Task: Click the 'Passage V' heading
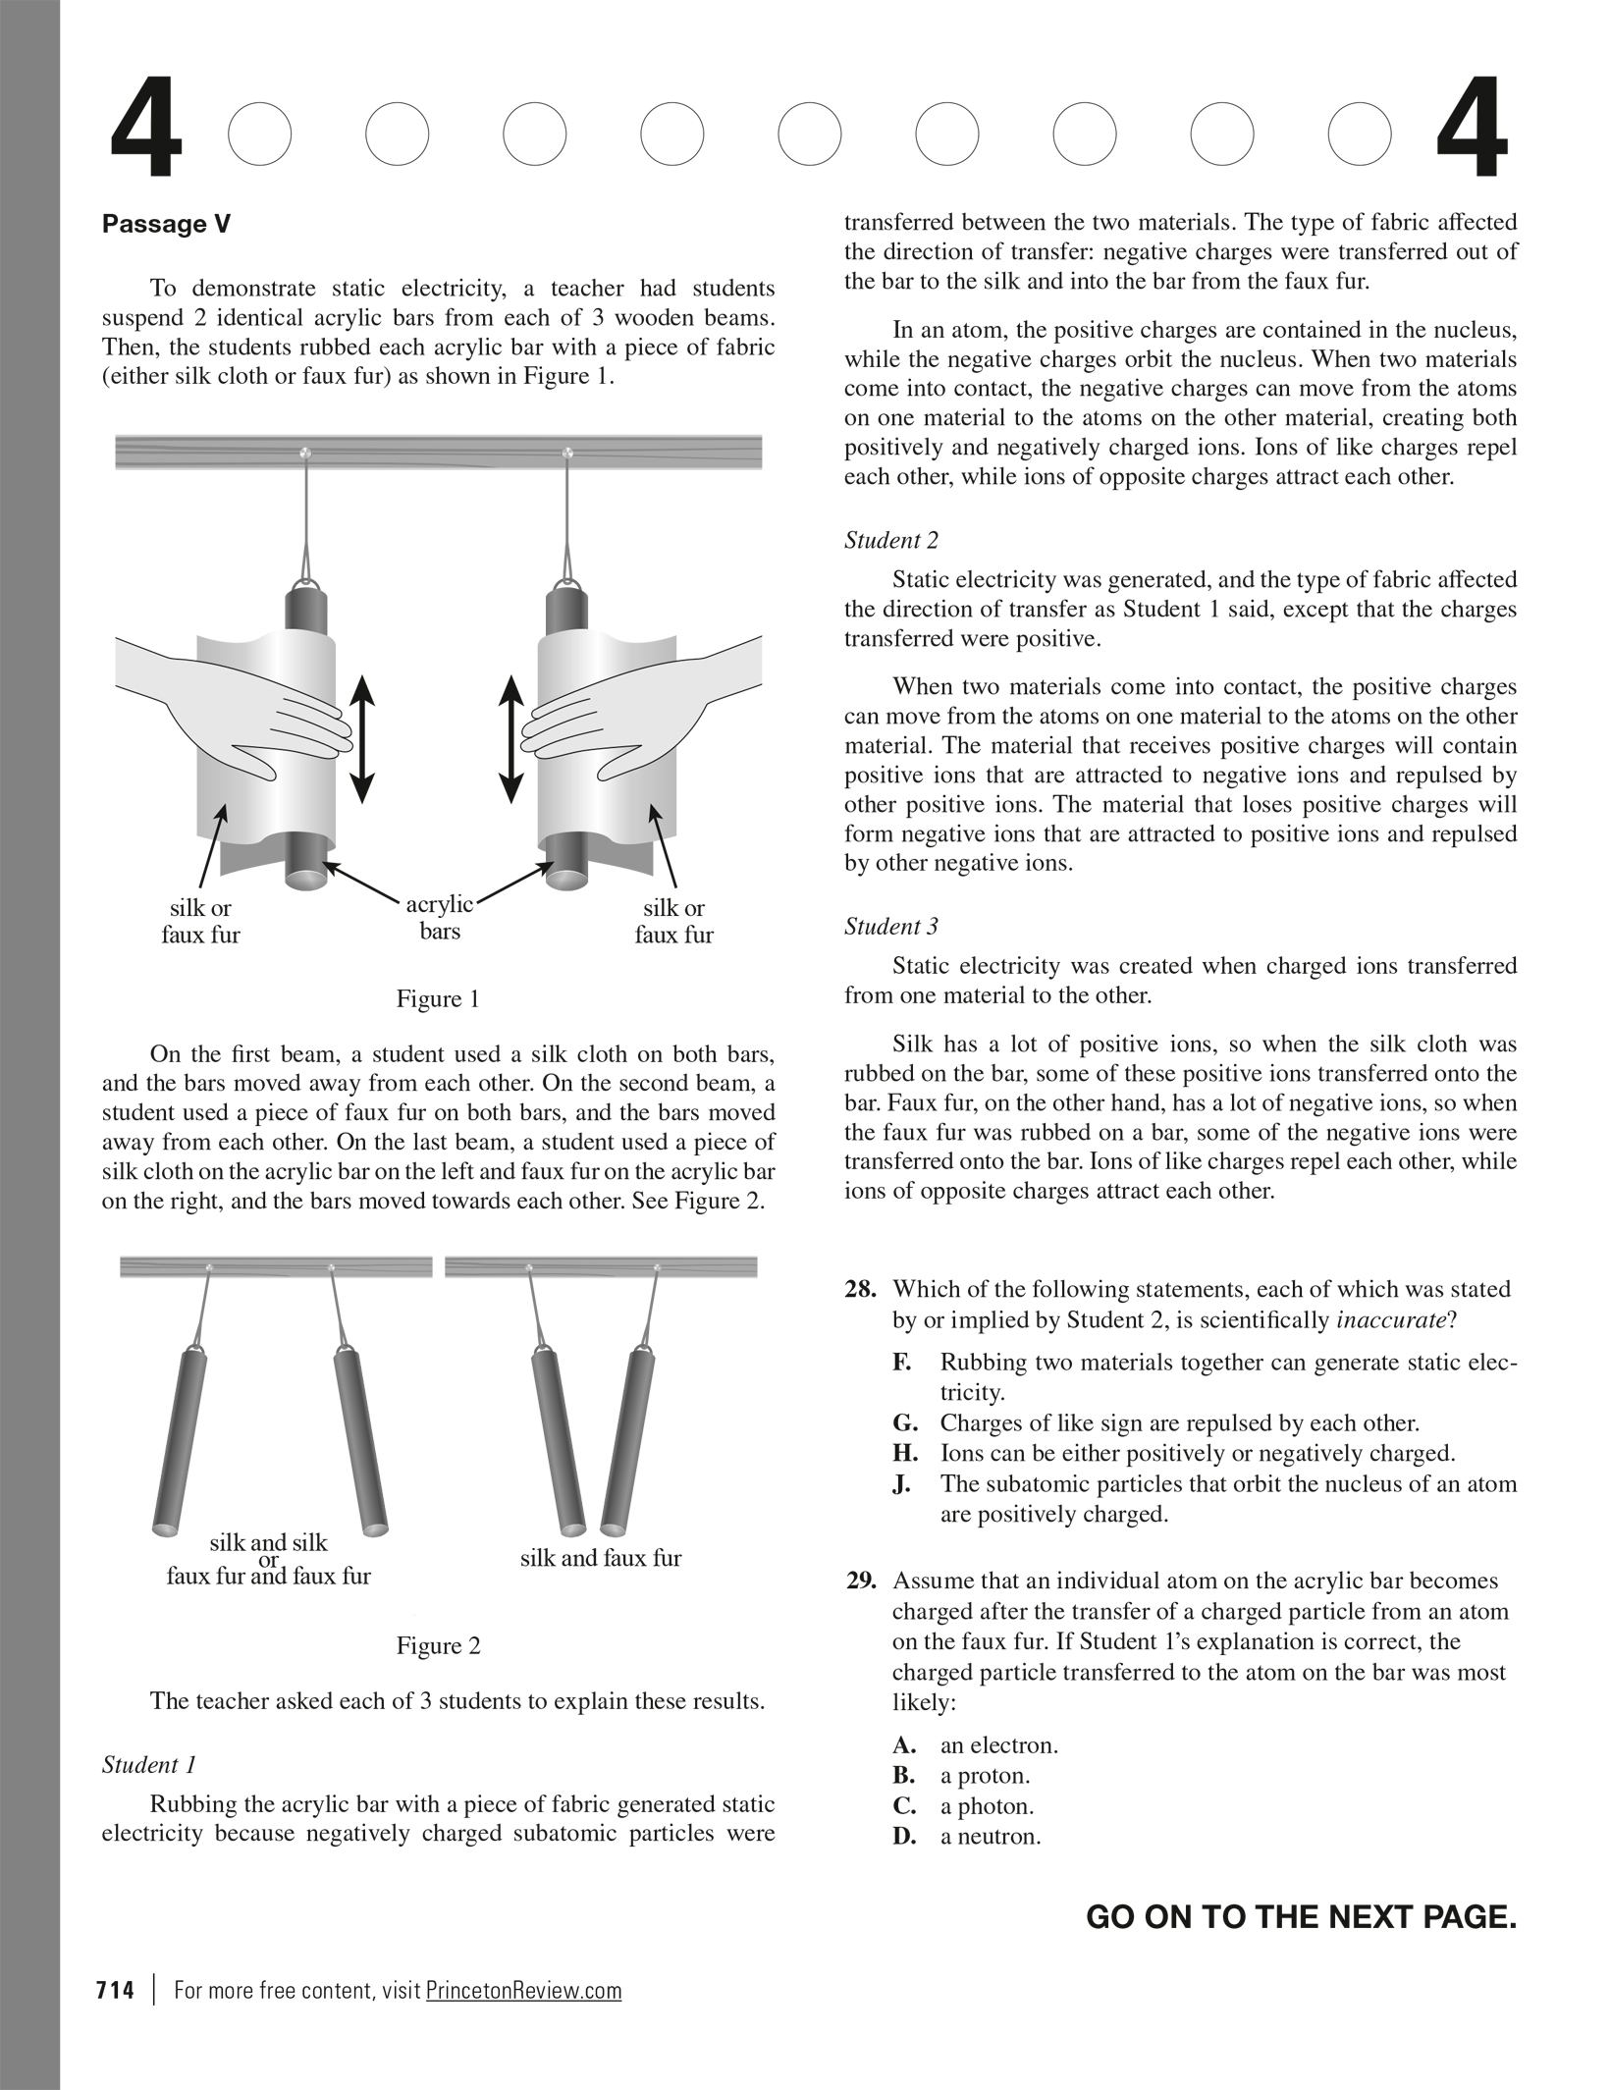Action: pos(166,225)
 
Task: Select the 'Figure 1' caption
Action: pos(438,999)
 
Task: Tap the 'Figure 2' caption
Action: pos(438,1646)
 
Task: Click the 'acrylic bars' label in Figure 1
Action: pos(439,917)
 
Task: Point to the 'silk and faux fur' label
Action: pos(600,1558)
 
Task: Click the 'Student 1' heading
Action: pos(149,1765)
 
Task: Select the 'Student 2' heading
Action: pos(890,541)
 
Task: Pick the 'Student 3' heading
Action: pos(890,927)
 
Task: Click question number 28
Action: pos(861,1290)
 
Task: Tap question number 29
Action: pos(861,1581)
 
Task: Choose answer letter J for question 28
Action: pos(900,1484)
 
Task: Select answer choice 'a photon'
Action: pos(987,1806)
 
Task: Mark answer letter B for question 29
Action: pos(903,1776)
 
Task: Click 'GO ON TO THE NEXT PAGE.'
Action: pos(1301,1917)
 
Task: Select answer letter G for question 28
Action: pos(904,1423)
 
